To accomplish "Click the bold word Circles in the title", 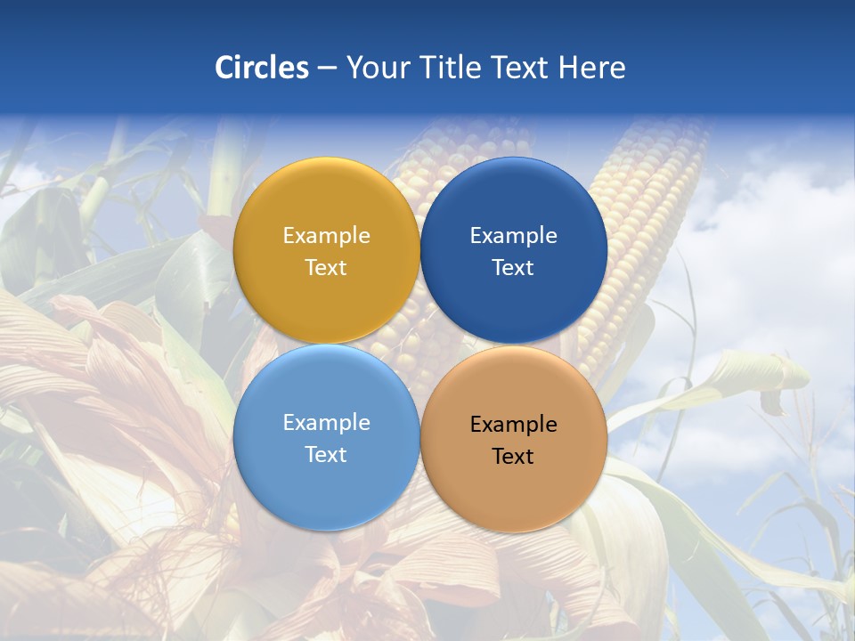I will click(x=261, y=68).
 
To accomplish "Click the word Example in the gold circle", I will click(x=326, y=236).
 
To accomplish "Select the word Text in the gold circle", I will click(x=326, y=268).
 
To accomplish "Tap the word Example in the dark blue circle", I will click(x=513, y=236).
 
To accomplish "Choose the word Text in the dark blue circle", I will click(x=513, y=268).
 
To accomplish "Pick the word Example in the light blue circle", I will click(x=326, y=423).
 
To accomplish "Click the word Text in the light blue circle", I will click(x=326, y=455).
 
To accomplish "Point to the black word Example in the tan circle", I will click(x=513, y=425).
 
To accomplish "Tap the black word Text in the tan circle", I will click(x=513, y=457).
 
